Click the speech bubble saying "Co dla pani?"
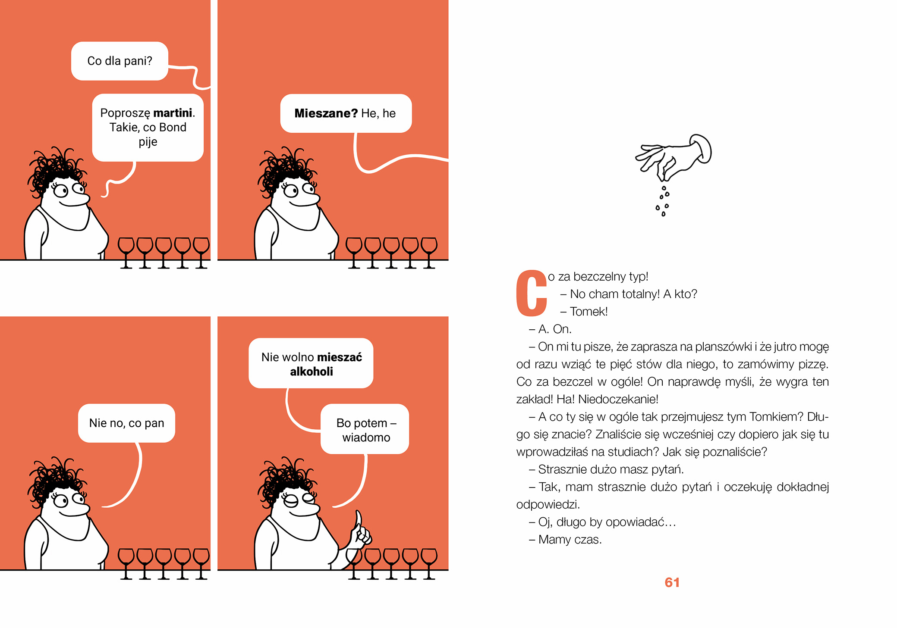[x=120, y=61]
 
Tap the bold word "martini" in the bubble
[x=173, y=113]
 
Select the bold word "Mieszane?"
[x=326, y=113]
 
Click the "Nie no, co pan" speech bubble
[x=126, y=423]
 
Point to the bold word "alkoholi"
[x=311, y=372]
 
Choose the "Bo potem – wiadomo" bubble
[x=365, y=429]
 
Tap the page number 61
[x=672, y=582]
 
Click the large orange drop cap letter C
[x=531, y=293]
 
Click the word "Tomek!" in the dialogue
[x=589, y=312]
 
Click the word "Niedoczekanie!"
[x=618, y=400]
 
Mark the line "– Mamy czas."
[x=565, y=540]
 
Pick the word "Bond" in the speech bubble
[x=173, y=128]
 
